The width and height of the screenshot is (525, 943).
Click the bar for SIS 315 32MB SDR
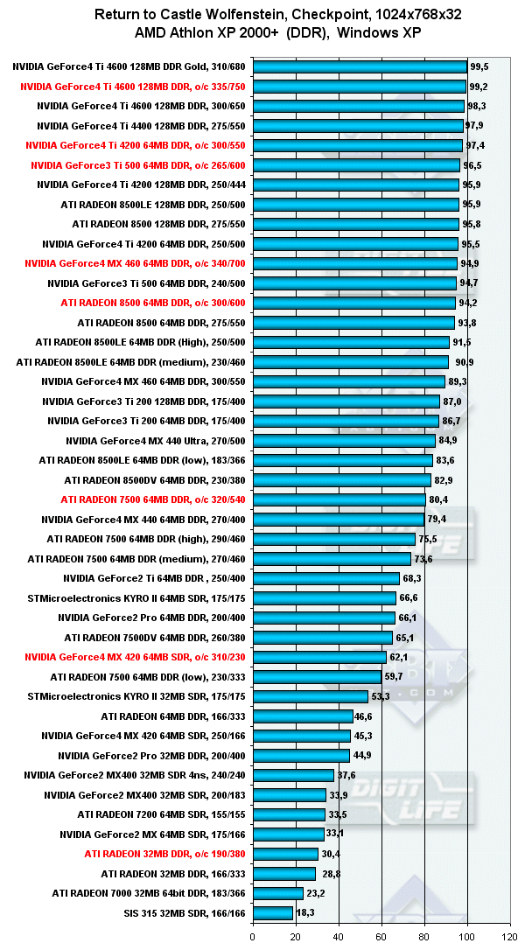pos(273,913)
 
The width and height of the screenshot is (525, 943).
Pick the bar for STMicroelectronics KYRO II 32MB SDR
pos(310,696)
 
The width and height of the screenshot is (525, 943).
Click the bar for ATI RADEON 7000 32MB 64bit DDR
pos(278,893)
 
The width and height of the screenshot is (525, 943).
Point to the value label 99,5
pos(479,66)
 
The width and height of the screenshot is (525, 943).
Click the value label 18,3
pos(305,913)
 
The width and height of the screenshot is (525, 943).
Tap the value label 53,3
pos(381,696)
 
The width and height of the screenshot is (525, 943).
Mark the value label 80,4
pos(438,499)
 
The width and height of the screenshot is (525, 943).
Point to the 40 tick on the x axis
pos(338,935)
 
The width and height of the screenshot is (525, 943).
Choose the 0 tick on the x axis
pos(253,935)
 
